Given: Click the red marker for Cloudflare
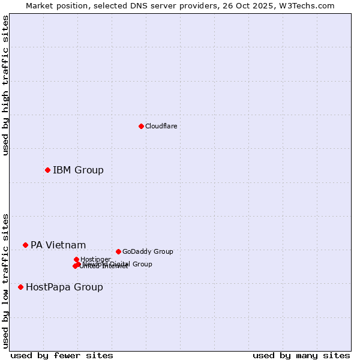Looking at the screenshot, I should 141,126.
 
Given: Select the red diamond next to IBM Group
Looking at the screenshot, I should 47,170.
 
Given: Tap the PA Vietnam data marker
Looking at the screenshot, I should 25,245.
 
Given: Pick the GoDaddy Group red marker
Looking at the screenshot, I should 118,251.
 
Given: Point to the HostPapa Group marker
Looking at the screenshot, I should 20,287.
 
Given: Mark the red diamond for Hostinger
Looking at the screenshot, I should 76,259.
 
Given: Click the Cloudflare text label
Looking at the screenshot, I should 161,126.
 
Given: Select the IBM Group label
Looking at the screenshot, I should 78,170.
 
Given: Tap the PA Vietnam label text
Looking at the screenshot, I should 58,245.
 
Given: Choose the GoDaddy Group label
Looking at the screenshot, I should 148,251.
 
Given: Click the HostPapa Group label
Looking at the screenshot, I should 64,287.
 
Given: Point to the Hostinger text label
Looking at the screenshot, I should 95,259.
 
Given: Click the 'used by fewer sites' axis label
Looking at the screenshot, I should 62,355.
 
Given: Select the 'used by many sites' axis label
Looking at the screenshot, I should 301,355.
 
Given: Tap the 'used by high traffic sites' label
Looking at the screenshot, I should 5,85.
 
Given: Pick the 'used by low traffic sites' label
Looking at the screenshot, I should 5,281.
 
